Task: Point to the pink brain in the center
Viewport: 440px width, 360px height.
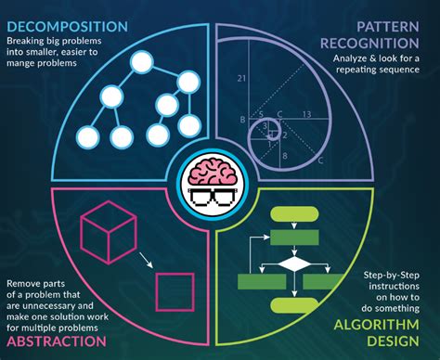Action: (220, 172)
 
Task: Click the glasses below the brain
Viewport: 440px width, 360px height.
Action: (220, 195)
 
